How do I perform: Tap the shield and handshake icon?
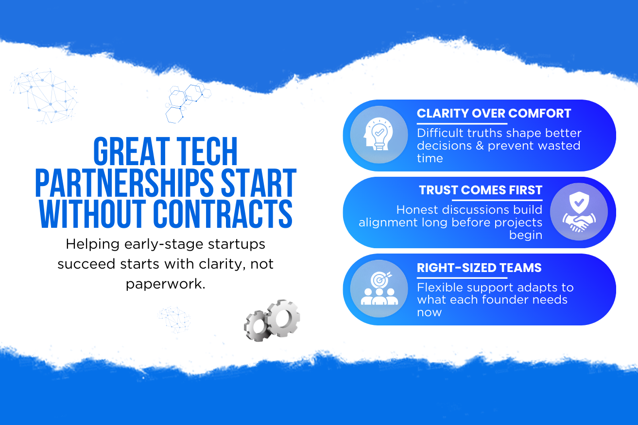[579, 212]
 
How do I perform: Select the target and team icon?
[379, 289]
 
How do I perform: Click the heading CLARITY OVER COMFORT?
[494, 113]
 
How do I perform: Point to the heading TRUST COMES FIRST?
[481, 190]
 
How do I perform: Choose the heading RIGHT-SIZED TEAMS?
[479, 268]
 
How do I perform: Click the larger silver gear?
[283, 318]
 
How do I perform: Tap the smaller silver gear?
[257, 326]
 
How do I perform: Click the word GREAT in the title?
[132, 151]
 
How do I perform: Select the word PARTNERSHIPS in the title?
[124, 183]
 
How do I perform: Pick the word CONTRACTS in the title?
[223, 214]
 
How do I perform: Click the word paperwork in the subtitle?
[166, 284]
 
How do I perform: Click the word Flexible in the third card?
[439, 287]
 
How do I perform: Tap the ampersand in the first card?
[480, 146]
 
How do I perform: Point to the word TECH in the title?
[207, 151]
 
